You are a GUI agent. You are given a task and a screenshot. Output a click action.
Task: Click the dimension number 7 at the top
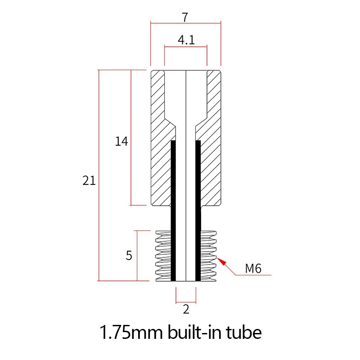pos(185,17)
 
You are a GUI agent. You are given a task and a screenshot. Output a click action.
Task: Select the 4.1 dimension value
pos(186,40)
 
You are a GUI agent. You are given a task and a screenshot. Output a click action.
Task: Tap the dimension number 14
pos(121,142)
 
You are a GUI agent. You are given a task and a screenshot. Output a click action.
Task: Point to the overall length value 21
pos(89,181)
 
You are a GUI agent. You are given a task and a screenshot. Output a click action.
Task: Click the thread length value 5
pos(129,256)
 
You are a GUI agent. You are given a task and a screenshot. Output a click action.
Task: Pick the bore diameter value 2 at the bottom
pos(186,309)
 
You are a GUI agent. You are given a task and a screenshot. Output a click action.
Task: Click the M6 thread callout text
pos(253,269)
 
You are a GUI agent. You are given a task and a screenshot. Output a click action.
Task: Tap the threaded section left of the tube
pos(163,256)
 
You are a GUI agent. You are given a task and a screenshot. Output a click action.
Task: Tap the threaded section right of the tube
pos(208,256)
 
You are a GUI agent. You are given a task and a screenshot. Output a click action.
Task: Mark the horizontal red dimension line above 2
pos(186,301)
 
